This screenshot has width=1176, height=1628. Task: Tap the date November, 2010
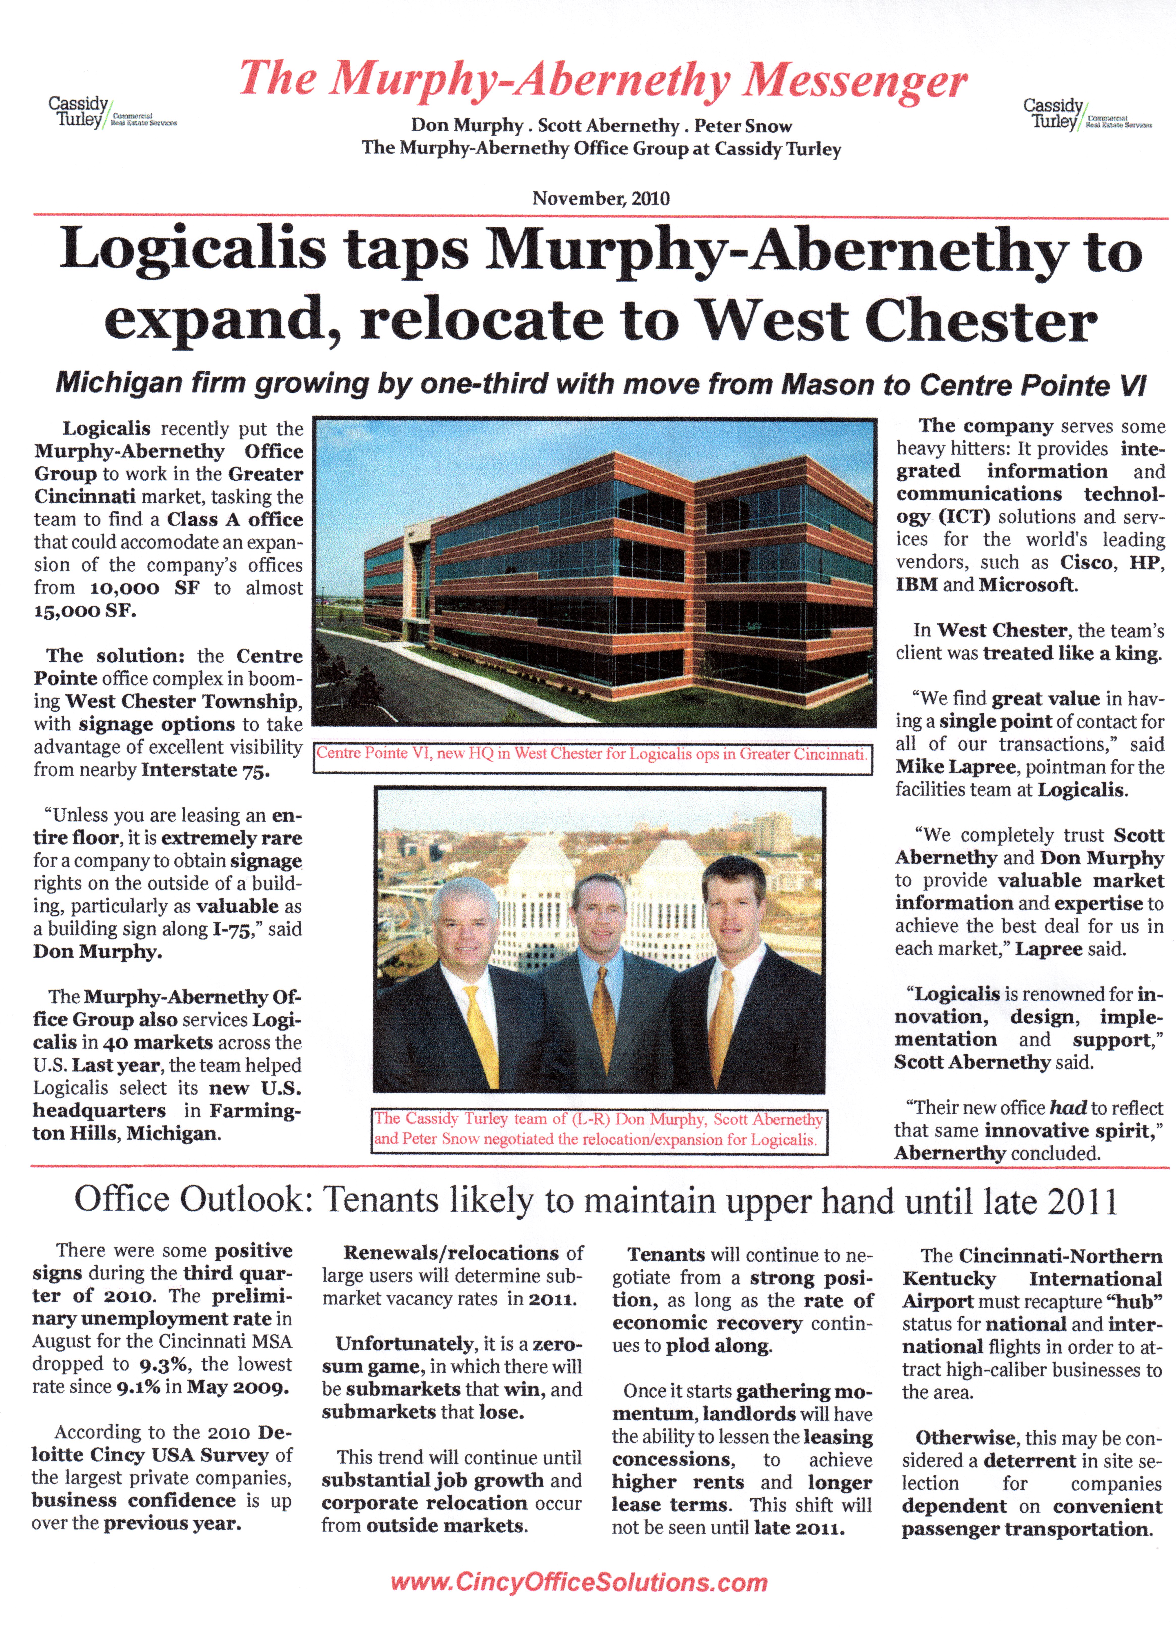pos(600,198)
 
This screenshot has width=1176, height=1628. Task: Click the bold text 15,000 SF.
pos(85,611)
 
